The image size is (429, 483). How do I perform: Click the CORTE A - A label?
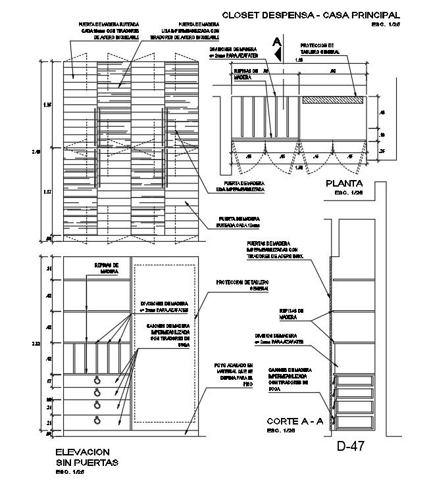294,421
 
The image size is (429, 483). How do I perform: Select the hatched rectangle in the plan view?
333,101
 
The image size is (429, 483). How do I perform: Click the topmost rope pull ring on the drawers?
97,380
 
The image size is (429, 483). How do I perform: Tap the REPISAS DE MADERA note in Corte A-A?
290,315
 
